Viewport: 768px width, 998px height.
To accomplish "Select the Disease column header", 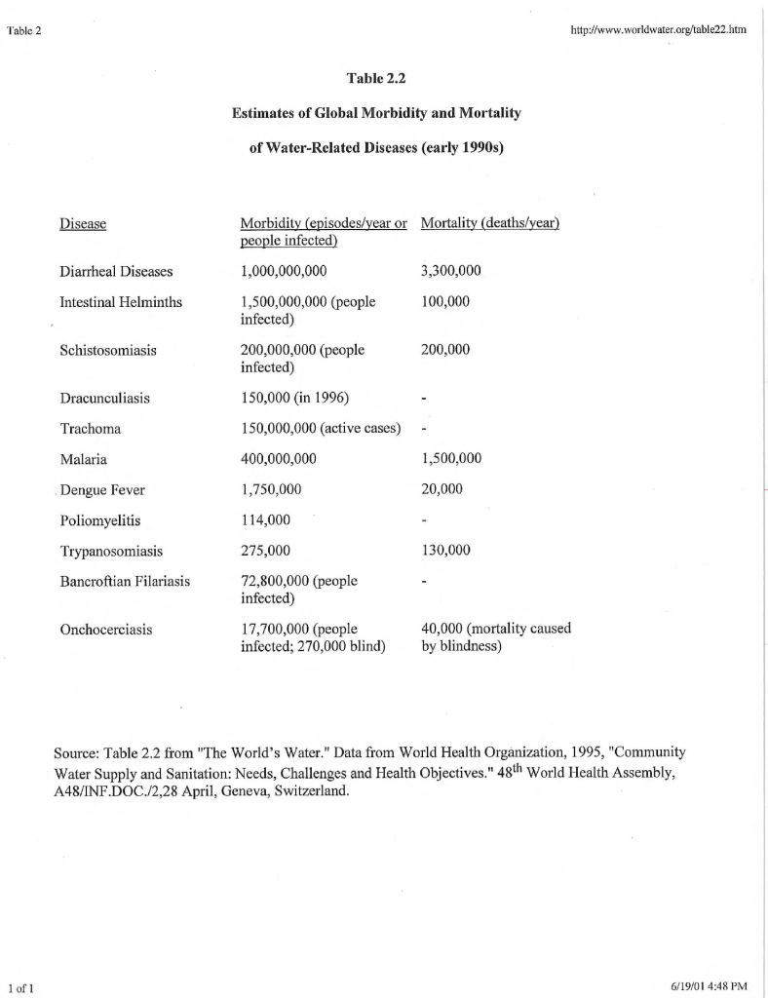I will pos(83,224).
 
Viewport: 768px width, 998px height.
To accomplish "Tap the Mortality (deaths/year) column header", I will pos(489,223).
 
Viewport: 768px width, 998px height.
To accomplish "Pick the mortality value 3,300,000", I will pos(451,271).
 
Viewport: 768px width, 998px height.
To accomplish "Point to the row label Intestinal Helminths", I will pos(121,302).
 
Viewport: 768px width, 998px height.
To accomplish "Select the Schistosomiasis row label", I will pos(108,349).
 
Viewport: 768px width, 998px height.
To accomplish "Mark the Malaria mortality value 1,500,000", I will pos(451,459).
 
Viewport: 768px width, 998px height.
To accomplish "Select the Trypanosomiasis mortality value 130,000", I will pos(446,551).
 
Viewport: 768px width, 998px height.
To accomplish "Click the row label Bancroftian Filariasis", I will pos(125,582).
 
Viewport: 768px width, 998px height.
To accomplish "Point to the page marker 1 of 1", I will pos(19,986).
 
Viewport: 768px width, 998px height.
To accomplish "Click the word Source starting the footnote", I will pos(76,753).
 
